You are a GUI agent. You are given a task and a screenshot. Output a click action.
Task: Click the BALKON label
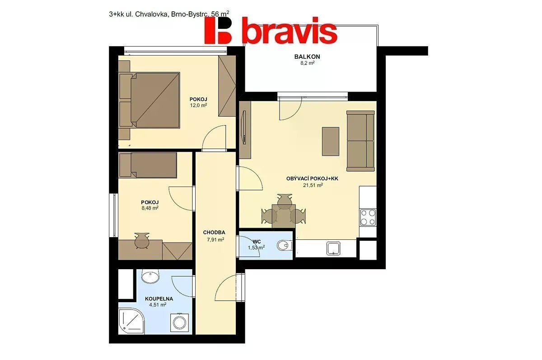coord(307,56)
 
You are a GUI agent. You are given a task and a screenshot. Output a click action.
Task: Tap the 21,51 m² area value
coord(313,185)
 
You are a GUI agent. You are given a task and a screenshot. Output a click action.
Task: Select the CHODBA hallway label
coord(214,233)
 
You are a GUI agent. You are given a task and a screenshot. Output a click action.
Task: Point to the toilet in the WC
coord(285,246)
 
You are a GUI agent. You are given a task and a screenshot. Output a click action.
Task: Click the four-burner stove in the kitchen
coord(368,217)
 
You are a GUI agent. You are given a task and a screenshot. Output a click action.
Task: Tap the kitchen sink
coord(333,248)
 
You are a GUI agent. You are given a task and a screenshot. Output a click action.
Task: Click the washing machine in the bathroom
coord(179,323)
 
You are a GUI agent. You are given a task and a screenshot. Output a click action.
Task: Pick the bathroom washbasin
coord(150,276)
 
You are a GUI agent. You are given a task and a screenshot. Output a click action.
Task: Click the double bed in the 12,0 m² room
coord(150,100)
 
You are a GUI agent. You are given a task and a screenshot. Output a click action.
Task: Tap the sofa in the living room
coord(360,141)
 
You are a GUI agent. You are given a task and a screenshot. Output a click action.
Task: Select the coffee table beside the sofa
coord(330,141)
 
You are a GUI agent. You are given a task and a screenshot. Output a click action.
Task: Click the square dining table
coord(284,216)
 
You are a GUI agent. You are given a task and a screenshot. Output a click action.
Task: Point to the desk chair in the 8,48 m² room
coord(141,240)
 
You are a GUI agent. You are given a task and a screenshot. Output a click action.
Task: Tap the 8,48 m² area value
coord(150,208)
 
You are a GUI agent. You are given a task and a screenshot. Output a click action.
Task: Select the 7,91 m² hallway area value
coord(215,239)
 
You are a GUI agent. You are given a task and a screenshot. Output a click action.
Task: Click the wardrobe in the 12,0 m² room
coord(227,86)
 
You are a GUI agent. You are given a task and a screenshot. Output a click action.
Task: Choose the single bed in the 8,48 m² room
coord(148,165)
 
